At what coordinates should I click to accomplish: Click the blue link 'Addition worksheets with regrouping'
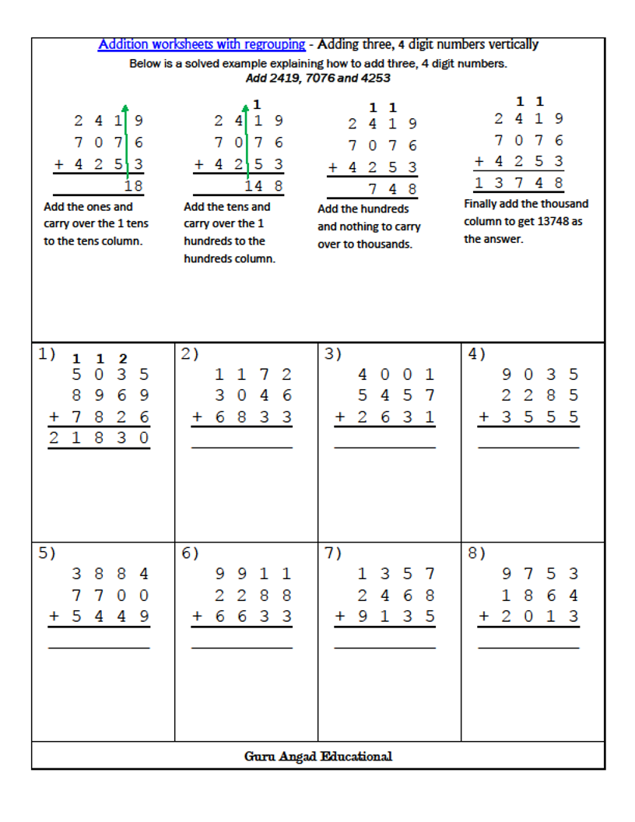(202, 44)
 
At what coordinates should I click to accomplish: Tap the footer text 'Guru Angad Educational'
(317, 756)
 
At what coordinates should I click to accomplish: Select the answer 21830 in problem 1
(98, 438)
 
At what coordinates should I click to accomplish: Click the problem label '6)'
(190, 553)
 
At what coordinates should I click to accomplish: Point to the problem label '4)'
(476, 354)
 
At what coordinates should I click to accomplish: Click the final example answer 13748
(519, 183)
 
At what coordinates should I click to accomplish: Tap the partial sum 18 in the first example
(134, 185)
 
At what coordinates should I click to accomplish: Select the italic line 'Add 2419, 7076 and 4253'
(317, 78)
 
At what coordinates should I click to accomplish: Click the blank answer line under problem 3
(384, 448)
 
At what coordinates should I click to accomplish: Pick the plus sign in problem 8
(484, 616)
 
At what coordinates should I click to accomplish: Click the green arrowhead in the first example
(125, 108)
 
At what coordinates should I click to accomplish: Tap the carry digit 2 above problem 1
(123, 359)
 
